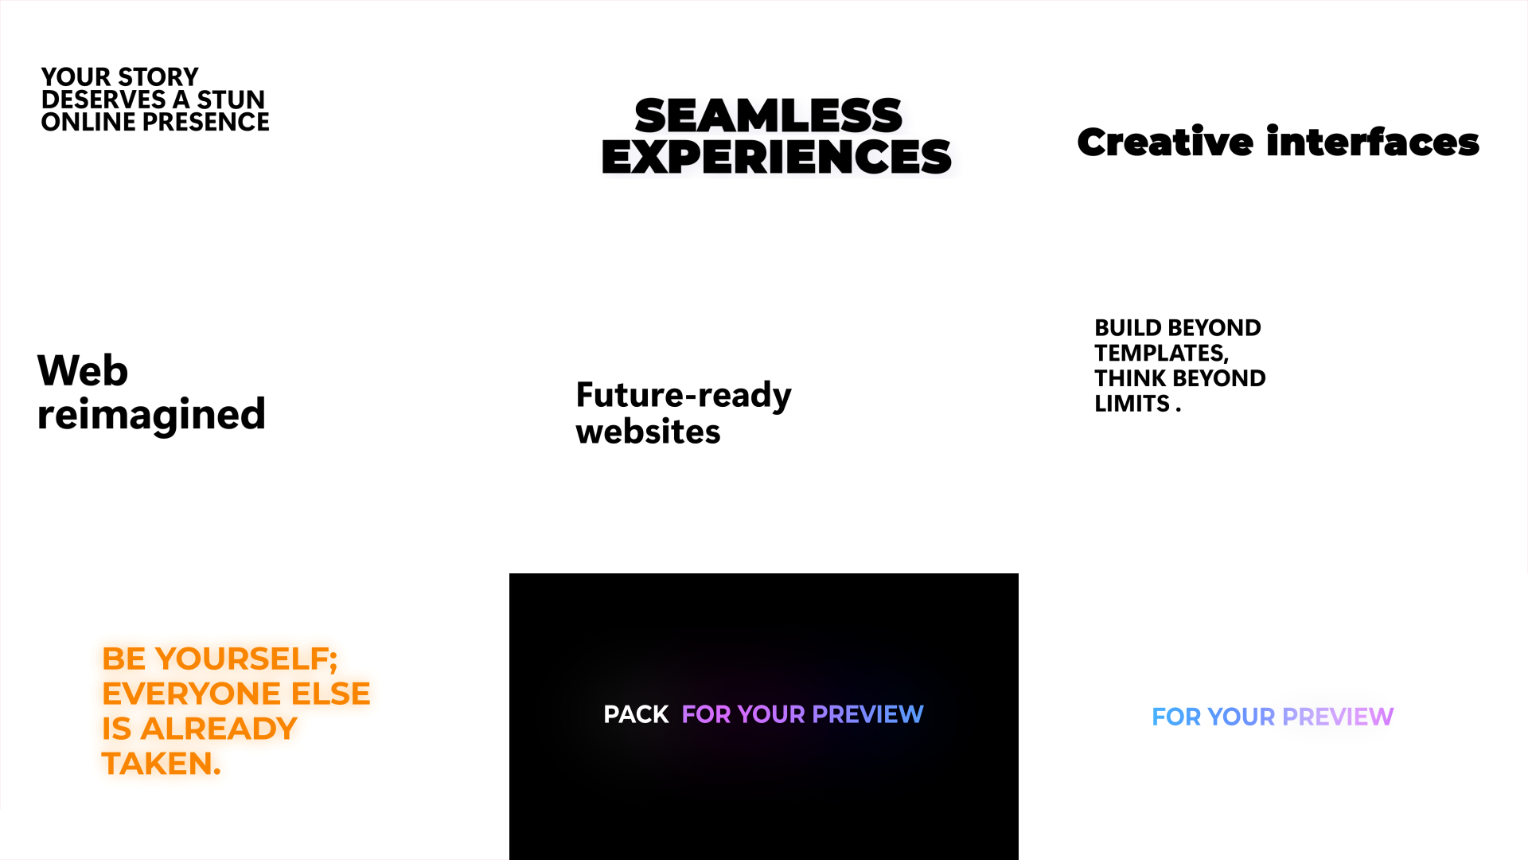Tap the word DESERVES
click(x=104, y=100)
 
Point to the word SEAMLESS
click(x=769, y=115)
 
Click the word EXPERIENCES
click(x=777, y=156)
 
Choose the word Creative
click(x=1165, y=143)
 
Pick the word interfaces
click(x=1373, y=142)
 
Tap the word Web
click(x=83, y=371)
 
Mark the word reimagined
click(x=151, y=415)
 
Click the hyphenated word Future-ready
click(x=684, y=395)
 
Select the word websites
click(x=648, y=432)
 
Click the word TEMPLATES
click(x=1161, y=354)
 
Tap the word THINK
click(x=1131, y=378)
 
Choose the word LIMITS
click(x=1132, y=404)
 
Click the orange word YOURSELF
click(x=247, y=659)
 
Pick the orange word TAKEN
click(x=162, y=764)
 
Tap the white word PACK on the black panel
click(x=636, y=715)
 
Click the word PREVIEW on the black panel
click(x=867, y=714)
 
